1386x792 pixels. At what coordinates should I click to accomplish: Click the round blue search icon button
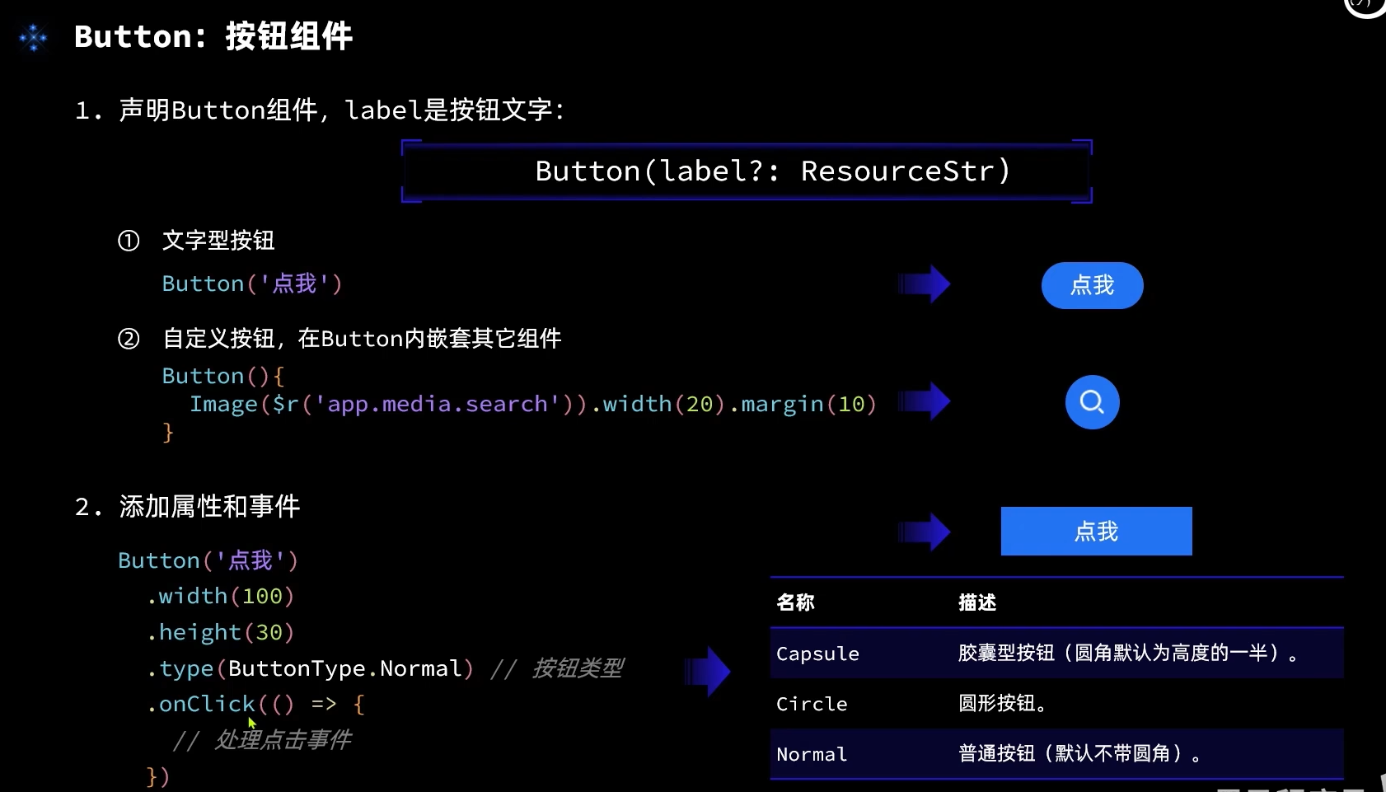1092,402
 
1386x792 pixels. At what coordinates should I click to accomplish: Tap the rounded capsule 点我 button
1092,285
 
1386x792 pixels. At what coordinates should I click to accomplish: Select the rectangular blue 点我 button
1096,531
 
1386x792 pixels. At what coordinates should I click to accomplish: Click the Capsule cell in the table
817,654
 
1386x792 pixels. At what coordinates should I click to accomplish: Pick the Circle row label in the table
812,704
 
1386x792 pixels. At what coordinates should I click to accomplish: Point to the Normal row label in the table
812,754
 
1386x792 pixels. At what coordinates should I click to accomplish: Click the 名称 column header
795,602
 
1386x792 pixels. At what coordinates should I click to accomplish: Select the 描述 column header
977,602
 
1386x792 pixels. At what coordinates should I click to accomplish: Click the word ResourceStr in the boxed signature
897,171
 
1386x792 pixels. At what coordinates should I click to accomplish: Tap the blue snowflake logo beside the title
34,37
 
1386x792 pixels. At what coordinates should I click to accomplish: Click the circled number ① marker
129,241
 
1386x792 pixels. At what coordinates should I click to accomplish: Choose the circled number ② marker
129,339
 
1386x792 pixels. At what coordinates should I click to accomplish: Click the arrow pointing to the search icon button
924,401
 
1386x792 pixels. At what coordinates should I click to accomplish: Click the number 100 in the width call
262,596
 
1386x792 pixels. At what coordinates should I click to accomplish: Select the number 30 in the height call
269,632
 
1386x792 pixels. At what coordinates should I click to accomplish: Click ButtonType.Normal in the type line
344,668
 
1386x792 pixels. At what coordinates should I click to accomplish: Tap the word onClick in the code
207,704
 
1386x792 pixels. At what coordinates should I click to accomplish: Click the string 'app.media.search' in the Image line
437,404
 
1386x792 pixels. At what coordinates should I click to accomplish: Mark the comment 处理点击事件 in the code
283,739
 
